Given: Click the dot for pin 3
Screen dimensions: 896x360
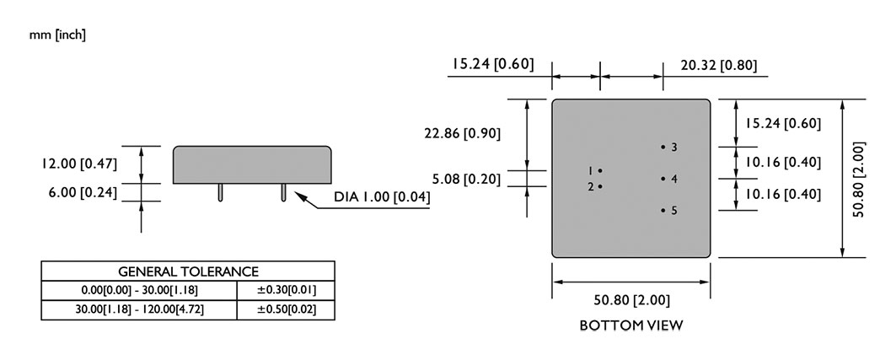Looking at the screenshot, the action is (x=663, y=147).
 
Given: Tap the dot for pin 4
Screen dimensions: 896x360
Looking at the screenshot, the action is (x=663, y=179).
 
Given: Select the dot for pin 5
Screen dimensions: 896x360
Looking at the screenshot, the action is (x=663, y=210).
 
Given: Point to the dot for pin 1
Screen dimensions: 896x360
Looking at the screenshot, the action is (x=600, y=170).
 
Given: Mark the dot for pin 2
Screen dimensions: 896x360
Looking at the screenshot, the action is (x=600, y=186).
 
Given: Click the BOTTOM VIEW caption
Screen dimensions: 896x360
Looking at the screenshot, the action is (x=630, y=325).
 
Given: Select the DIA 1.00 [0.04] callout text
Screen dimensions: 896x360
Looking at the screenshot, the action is (x=383, y=197).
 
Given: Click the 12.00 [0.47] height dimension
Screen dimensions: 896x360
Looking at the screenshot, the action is (x=79, y=164).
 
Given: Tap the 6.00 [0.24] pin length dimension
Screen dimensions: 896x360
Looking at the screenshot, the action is (x=83, y=193).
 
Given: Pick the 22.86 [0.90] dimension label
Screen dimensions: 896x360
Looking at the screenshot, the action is (x=462, y=134).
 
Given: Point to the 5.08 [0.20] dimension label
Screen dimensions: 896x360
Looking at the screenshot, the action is (x=466, y=180).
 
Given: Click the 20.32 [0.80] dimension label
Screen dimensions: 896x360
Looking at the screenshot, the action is (x=719, y=66).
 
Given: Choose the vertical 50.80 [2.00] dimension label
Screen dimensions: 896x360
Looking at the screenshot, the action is (x=858, y=179).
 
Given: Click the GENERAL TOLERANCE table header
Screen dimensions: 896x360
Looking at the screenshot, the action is (x=188, y=271).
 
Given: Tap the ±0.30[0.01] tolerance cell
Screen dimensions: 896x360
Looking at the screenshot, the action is (x=287, y=290).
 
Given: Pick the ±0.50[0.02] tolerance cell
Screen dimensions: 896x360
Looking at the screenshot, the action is (x=287, y=309).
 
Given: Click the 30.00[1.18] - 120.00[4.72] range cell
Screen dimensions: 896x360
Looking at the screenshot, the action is (x=139, y=309).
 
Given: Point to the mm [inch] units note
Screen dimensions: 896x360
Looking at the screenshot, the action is (x=57, y=35).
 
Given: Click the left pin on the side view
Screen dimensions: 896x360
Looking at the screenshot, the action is (x=221, y=192).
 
